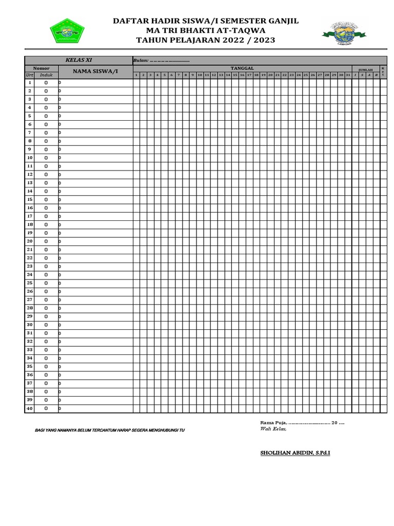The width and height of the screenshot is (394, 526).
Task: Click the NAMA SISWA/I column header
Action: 95,71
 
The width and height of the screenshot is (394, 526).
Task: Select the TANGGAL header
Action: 242,68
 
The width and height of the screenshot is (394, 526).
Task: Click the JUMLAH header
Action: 365,69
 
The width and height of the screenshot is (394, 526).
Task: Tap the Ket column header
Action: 383,71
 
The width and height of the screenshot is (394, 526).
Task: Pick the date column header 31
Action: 348,75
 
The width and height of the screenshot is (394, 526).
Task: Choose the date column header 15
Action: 235,75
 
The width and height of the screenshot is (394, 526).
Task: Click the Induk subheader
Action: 46,75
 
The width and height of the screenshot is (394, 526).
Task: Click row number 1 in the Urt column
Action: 30,82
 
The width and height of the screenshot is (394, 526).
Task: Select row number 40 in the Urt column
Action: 30,408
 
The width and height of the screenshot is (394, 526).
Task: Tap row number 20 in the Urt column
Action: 30,241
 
